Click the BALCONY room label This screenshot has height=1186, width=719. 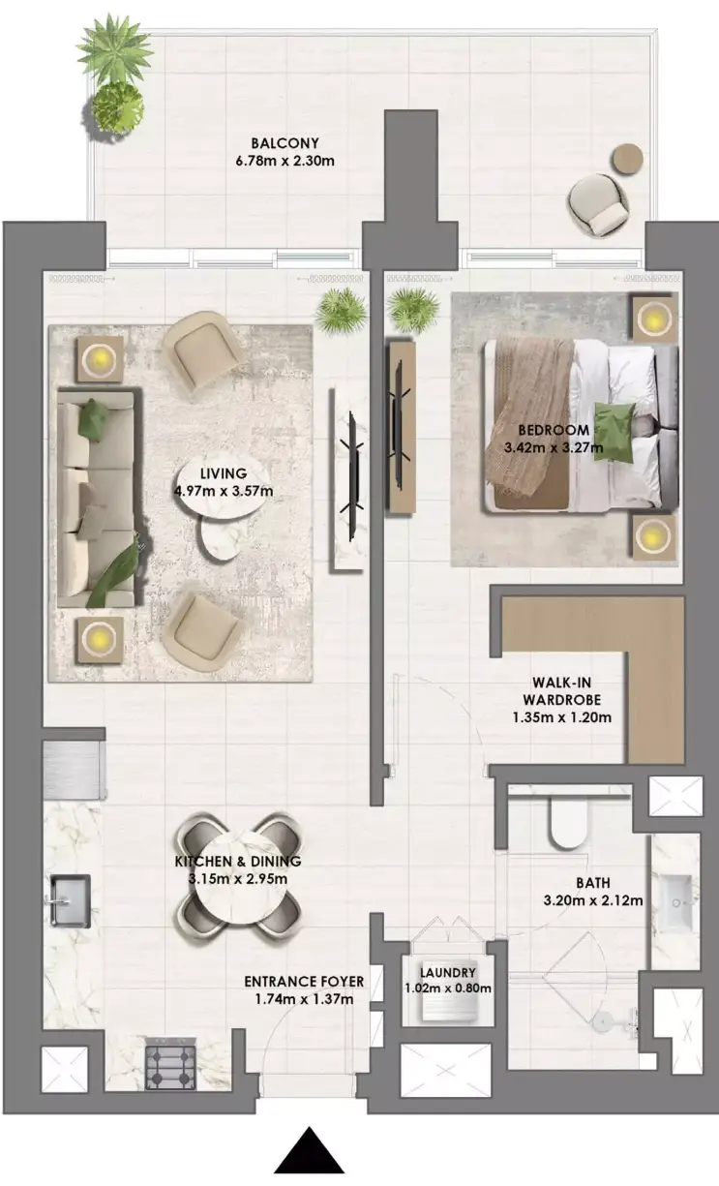[x=285, y=143]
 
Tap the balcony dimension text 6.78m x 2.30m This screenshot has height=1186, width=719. [x=285, y=161]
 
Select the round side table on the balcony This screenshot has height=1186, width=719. [x=627, y=159]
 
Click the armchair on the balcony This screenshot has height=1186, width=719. [x=598, y=205]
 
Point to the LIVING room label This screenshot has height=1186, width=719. [x=224, y=473]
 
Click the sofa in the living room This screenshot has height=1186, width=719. [x=99, y=499]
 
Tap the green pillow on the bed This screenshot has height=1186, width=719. [x=614, y=432]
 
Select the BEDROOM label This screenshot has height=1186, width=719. [x=554, y=430]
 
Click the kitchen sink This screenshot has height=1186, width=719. [x=70, y=900]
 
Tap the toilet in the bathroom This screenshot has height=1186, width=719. [x=568, y=822]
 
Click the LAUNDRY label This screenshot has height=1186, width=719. [x=448, y=973]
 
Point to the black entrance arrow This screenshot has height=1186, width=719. [x=309, y=1149]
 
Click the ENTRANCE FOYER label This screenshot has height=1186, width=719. [x=304, y=982]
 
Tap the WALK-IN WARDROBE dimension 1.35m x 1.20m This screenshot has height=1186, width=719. [x=562, y=717]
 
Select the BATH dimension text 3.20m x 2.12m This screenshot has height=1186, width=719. [x=593, y=900]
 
